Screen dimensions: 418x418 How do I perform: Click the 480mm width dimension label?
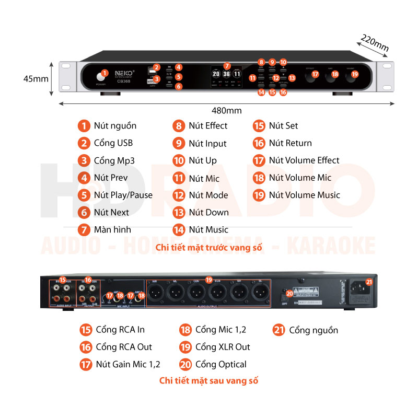[x=227, y=110]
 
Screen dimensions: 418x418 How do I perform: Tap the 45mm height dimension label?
[x=36, y=79]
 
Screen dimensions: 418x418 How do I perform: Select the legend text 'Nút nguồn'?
[x=115, y=126]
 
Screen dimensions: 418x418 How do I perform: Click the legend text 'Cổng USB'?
[x=113, y=143]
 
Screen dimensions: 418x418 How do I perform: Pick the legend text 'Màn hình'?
[x=112, y=229]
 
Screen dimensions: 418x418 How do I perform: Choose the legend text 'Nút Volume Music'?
[x=304, y=195]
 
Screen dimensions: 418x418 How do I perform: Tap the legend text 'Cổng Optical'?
[x=220, y=364]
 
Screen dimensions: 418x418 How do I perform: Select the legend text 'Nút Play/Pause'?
[x=123, y=195]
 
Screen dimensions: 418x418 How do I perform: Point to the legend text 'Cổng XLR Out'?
[x=223, y=347]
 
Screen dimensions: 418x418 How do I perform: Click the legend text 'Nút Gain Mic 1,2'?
[x=128, y=364]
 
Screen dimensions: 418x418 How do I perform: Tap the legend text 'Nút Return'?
[x=290, y=143]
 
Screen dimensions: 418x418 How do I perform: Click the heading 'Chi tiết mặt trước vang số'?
[x=209, y=247]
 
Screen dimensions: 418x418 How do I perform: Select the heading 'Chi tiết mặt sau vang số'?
[x=209, y=380]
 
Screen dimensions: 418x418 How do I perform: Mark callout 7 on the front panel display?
[x=226, y=66]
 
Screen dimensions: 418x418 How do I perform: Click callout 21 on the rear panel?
[x=369, y=282]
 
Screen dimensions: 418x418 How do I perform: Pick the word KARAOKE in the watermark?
[x=334, y=245]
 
